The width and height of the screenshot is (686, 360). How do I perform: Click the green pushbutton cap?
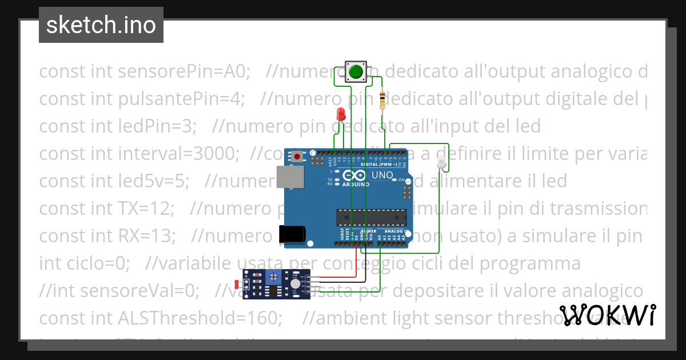(356, 71)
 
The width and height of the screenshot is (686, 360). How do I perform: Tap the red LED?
(341, 114)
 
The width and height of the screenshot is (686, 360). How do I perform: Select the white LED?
(441, 164)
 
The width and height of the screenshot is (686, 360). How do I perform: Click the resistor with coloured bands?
(382, 100)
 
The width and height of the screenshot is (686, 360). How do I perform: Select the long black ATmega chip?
(371, 217)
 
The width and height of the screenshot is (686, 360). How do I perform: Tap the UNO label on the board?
(382, 175)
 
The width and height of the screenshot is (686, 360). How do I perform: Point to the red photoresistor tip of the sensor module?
(238, 284)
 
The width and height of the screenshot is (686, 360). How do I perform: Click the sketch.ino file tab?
(101, 25)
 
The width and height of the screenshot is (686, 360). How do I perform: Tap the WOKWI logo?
(607, 315)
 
